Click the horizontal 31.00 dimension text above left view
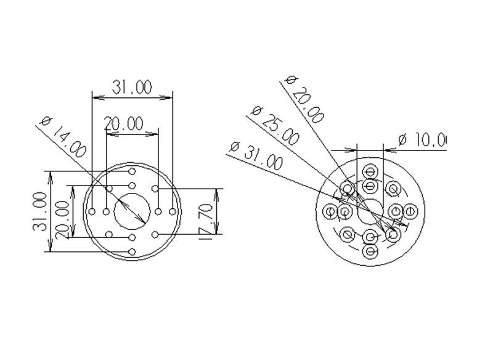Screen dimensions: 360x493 click(132, 87)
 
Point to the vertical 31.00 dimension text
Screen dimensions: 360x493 click(39, 211)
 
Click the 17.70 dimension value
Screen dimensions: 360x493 click(207, 215)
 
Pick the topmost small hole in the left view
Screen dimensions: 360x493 click(132, 171)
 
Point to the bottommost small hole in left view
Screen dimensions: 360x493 click(132, 252)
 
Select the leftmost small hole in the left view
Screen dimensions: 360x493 click(92, 211)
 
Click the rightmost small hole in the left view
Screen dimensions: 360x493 click(173, 211)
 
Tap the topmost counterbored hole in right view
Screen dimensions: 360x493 click(370, 171)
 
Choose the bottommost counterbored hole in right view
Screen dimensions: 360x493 click(370, 252)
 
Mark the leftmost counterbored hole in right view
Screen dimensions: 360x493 click(330, 212)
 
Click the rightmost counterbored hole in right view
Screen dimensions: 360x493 click(410, 212)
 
